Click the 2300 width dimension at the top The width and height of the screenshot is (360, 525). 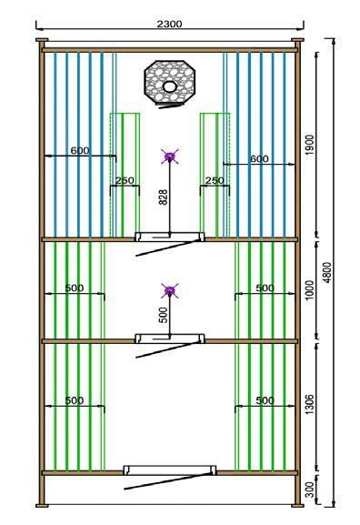(x=170, y=24)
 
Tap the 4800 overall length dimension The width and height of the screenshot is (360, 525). (x=328, y=272)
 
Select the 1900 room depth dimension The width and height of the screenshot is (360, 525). (x=310, y=145)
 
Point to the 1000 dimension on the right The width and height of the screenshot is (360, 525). (x=310, y=290)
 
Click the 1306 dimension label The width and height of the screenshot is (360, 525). (x=310, y=404)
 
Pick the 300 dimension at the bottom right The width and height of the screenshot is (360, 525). (x=310, y=490)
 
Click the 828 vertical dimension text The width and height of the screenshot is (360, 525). (x=163, y=197)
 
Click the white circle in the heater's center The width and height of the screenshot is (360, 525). (x=170, y=86)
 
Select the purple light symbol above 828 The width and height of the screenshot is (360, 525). (x=170, y=156)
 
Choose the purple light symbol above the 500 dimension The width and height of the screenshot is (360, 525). (x=170, y=290)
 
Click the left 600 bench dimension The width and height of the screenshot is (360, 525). (x=80, y=151)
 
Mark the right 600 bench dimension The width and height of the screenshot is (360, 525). (x=259, y=158)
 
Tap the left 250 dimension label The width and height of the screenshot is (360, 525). (x=125, y=180)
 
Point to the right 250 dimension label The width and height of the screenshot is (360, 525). (x=215, y=180)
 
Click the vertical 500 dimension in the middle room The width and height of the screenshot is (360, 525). (x=163, y=315)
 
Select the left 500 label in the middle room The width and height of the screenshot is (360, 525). (x=75, y=288)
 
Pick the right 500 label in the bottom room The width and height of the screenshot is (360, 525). (x=265, y=400)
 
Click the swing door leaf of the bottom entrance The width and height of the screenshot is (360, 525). (x=168, y=481)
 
